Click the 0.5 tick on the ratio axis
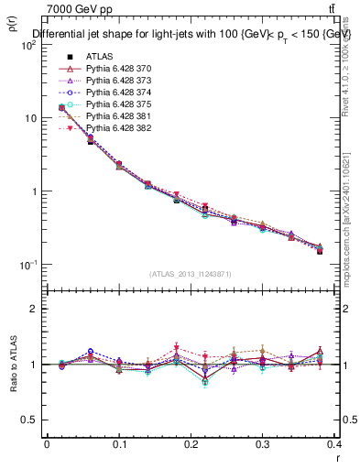[x=33, y=420]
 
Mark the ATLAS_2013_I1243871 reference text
[x=191, y=274]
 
